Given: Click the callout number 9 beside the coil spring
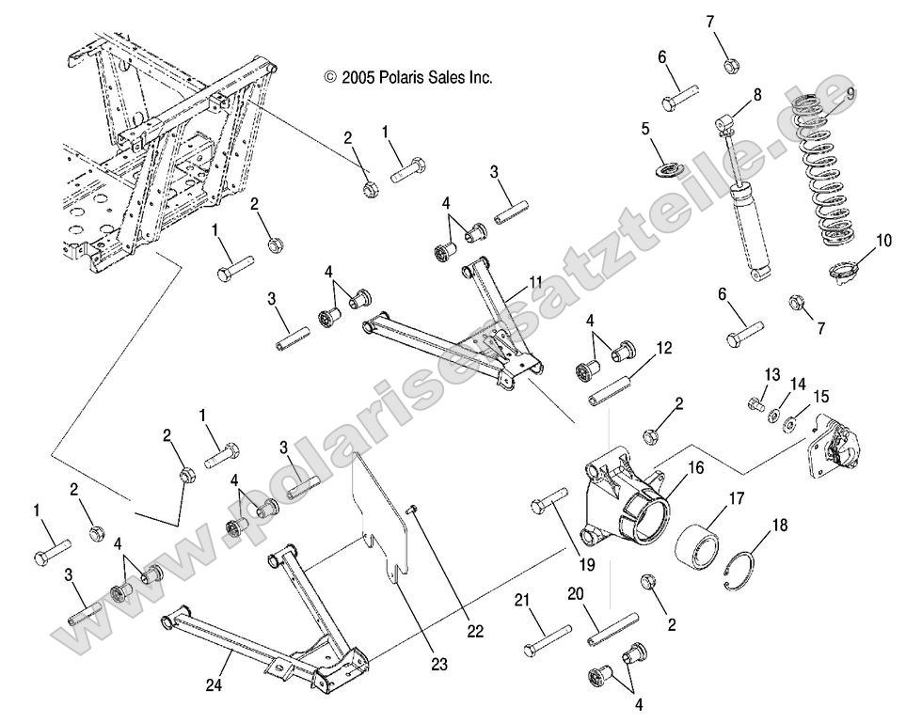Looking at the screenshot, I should click(x=850, y=92).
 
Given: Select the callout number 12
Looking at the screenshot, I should click(x=663, y=347).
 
